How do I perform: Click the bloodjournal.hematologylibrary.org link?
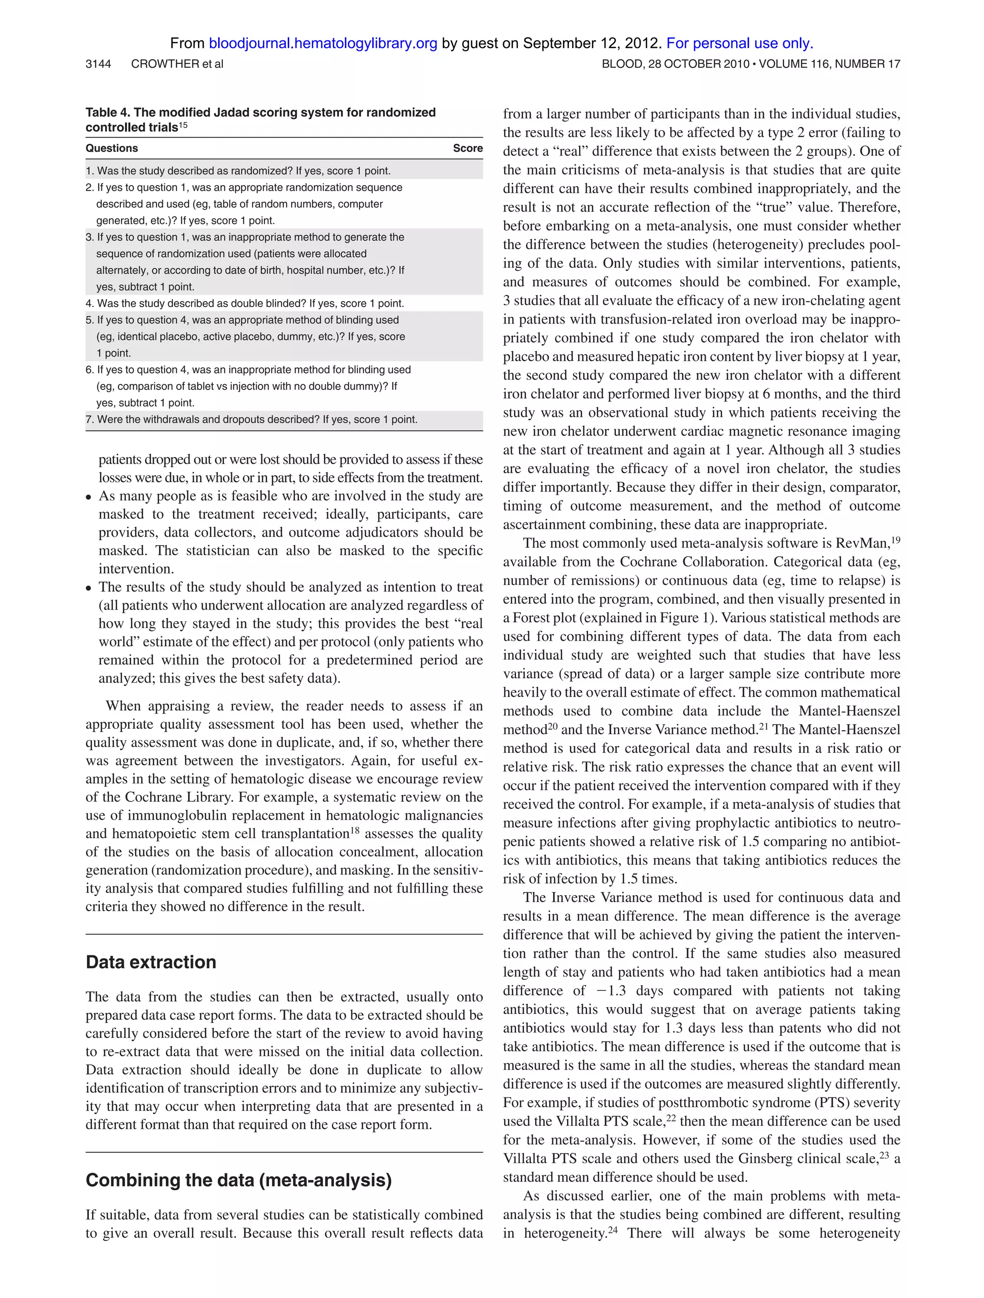322,43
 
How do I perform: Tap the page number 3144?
98,64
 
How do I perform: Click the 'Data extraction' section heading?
151,962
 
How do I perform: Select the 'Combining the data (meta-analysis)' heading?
239,1179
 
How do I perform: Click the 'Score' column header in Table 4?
467,149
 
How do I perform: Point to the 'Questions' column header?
111,149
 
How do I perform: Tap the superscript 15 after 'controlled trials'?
184,125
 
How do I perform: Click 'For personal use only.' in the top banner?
739,43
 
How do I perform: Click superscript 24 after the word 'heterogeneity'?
612,1230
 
